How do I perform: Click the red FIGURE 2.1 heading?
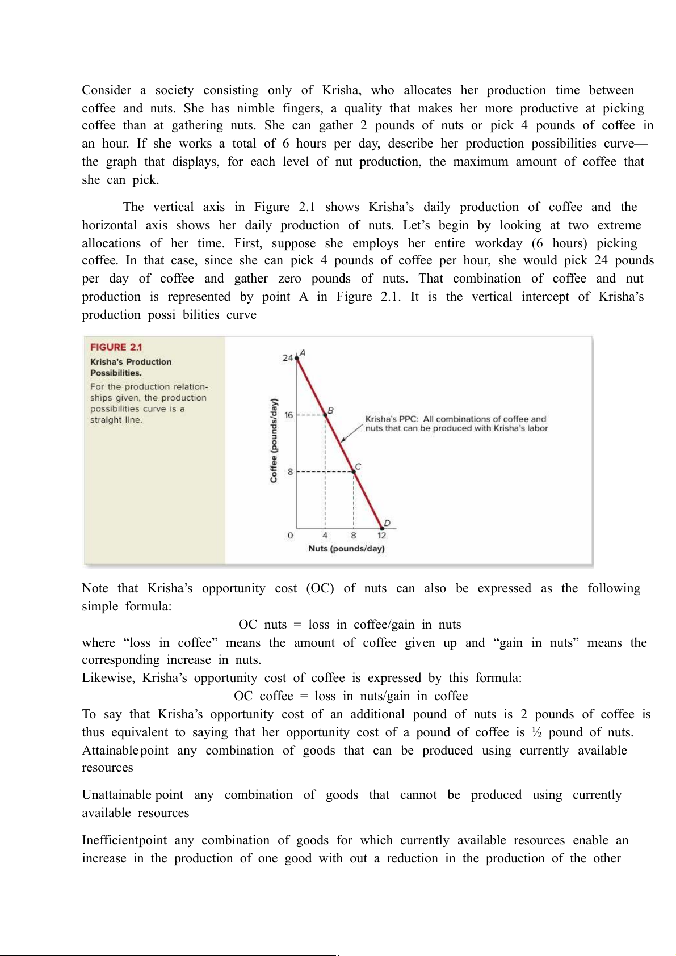click(x=116, y=347)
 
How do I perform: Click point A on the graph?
click(x=297, y=358)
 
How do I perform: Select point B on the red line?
click(x=325, y=415)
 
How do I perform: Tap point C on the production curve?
click(x=354, y=471)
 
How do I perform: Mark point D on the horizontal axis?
click(x=382, y=528)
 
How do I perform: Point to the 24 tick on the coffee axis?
click(x=288, y=358)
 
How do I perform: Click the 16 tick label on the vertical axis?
click(x=289, y=415)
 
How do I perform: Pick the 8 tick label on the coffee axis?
click(x=290, y=471)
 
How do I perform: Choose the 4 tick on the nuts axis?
click(x=325, y=536)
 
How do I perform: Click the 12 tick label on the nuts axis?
click(x=382, y=536)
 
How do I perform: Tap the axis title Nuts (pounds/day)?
click(x=346, y=549)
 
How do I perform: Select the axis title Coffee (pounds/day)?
click(x=274, y=441)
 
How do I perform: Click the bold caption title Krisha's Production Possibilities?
click(x=131, y=367)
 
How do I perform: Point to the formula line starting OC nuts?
click(x=350, y=625)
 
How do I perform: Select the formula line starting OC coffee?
click(x=351, y=696)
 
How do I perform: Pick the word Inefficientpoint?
click(x=124, y=840)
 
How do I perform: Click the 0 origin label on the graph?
click(x=291, y=536)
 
